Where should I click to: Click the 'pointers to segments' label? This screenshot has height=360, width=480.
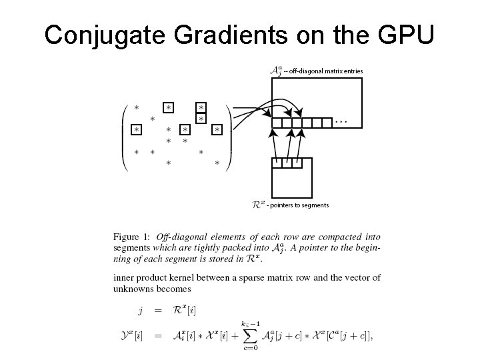(x=297, y=205)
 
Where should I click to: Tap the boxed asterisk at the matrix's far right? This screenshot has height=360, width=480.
(x=217, y=129)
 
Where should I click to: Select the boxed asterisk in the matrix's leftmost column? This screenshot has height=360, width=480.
(x=136, y=129)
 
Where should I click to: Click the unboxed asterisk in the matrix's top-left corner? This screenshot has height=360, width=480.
(x=136, y=107)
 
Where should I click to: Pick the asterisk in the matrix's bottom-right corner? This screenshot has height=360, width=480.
(x=217, y=163)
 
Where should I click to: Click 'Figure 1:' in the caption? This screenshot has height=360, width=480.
(x=131, y=237)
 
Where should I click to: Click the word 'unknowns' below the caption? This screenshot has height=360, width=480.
(x=133, y=289)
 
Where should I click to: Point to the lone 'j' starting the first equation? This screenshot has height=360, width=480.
(x=140, y=310)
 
